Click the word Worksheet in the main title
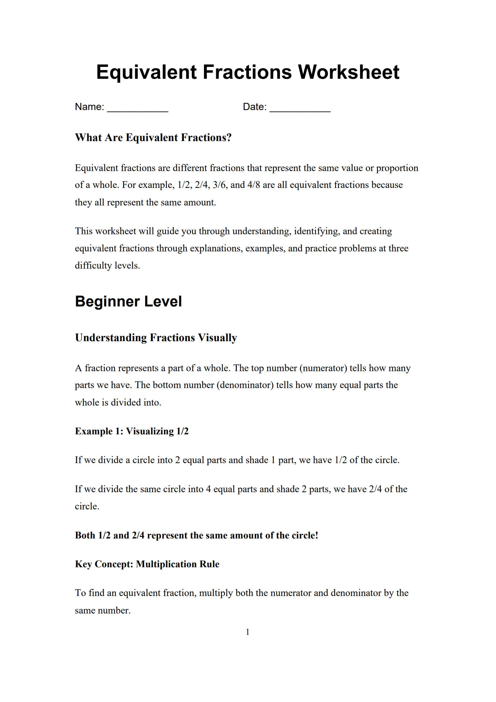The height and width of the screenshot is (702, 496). [x=349, y=72]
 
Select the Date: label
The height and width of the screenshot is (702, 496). [x=255, y=107]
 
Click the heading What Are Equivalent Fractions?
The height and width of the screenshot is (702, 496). [x=153, y=138]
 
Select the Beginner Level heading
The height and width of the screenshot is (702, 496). [x=128, y=301]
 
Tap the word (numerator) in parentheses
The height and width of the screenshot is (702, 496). [x=323, y=368]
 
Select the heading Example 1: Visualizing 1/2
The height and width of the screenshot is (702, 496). [x=131, y=431]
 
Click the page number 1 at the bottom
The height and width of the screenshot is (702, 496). [x=248, y=632]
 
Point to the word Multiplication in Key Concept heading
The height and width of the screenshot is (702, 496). [x=167, y=564]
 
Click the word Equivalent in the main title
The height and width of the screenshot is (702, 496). [x=146, y=72]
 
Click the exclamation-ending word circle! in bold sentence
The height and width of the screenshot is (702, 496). [x=305, y=535]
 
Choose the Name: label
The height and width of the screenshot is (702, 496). [x=89, y=107]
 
